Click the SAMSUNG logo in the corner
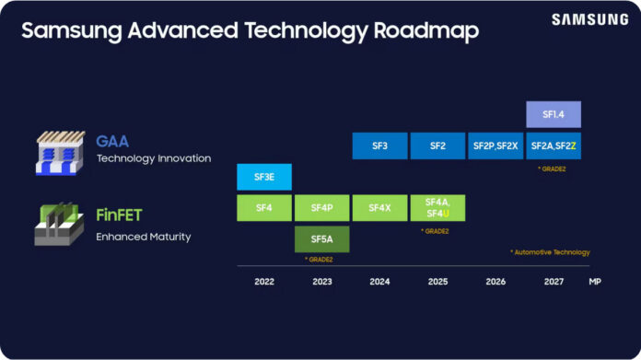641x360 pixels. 590,19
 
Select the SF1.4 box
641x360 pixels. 553,114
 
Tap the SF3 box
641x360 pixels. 379,145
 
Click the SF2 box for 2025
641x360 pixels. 437,145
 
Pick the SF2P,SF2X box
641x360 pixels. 495,145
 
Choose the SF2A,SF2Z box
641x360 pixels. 554,145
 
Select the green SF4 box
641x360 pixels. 263,208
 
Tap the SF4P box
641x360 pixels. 321,208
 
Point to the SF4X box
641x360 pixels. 379,208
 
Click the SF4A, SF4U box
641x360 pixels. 437,208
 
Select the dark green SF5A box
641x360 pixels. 321,239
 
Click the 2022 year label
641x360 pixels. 264,282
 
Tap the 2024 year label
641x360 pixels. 379,282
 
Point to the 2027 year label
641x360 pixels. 554,282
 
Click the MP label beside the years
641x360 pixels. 595,282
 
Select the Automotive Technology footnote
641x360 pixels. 550,252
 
